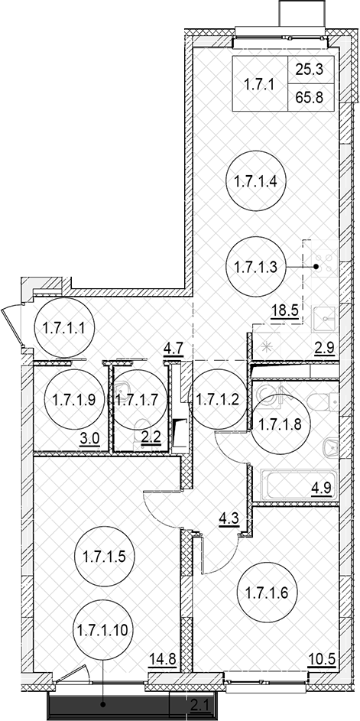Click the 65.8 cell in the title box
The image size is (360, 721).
(x=312, y=98)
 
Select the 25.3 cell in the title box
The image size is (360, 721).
(x=312, y=70)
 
